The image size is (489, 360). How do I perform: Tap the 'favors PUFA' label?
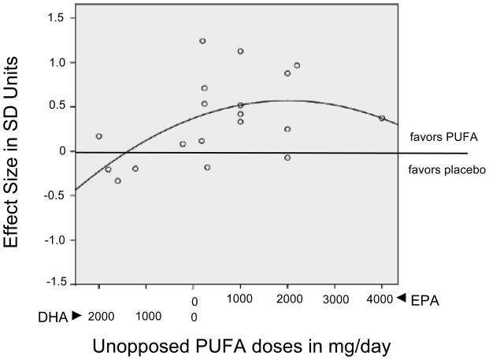438,135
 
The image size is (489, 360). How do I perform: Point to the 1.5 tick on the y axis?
57,17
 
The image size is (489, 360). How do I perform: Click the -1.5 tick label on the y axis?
54,284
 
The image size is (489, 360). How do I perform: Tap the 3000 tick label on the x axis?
335,299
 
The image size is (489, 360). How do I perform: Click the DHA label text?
52,317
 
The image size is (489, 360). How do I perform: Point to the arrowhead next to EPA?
401,298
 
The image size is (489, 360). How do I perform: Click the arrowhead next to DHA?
76,315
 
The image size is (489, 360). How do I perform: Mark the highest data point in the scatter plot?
202,41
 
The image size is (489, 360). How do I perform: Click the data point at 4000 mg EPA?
382,118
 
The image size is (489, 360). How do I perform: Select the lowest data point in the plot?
118,180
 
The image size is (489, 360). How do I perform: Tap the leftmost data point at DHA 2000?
99,136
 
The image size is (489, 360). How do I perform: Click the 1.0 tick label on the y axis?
57,61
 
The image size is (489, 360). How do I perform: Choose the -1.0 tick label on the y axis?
54,239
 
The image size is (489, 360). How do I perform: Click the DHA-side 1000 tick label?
148,317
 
